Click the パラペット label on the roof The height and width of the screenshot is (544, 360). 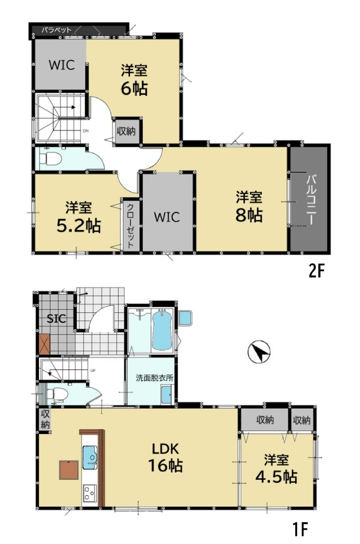click(x=56, y=30)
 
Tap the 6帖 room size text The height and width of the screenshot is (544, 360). click(x=134, y=88)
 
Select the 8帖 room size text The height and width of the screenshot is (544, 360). click(x=249, y=215)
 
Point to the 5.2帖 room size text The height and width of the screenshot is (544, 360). click(x=79, y=226)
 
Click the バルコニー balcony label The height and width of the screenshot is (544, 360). click(x=311, y=200)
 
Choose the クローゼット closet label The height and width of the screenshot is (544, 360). click(x=131, y=225)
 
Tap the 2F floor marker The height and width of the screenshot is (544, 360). click(x=316, y=271)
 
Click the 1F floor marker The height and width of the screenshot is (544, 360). click(x=300, y=529)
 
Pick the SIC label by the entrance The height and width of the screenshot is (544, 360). click(x=56, y=319)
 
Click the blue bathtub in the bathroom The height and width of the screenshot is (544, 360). click(x=162, y=331)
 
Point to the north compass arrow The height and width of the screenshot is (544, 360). click(x=259, y=352)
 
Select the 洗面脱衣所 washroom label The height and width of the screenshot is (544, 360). click(x=154, y=378)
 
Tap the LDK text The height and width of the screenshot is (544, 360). click(x=166, y=449)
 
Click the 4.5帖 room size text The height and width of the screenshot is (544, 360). click(x=276, y=478)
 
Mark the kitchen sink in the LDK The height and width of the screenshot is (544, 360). click(x=90, y=458)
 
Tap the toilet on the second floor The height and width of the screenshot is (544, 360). click(x=51, y=159)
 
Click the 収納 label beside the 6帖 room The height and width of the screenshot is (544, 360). click(x=126, y=132)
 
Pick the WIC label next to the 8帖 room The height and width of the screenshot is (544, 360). click(x=167, y=218)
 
